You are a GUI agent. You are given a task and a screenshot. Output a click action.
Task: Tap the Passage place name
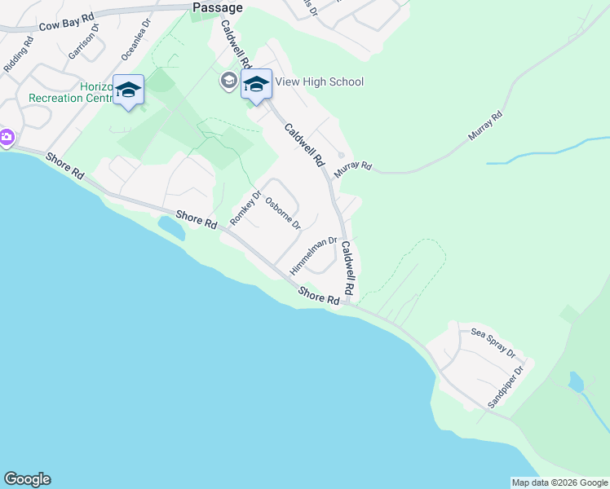click(218, 7)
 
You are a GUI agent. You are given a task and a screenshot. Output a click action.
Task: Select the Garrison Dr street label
click(84, 41)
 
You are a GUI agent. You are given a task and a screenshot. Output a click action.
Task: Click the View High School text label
click(319, 81)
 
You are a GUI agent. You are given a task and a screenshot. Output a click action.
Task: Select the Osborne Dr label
click(283, 214)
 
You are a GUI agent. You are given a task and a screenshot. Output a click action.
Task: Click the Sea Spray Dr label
click(493, 343)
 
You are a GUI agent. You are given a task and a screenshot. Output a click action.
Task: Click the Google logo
click(27, 479)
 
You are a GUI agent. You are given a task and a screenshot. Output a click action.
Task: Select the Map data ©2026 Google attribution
click(559, 482)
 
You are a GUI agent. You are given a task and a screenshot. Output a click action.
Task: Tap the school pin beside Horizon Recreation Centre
click(129, 89)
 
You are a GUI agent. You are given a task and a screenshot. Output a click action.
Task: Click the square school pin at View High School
click(256, 84)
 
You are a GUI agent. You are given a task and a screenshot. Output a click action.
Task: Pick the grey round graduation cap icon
click(228, 81)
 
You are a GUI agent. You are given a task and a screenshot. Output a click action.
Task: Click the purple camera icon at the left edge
click(7, 137)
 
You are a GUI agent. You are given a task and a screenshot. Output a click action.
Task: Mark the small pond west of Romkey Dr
click(171, 227)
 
